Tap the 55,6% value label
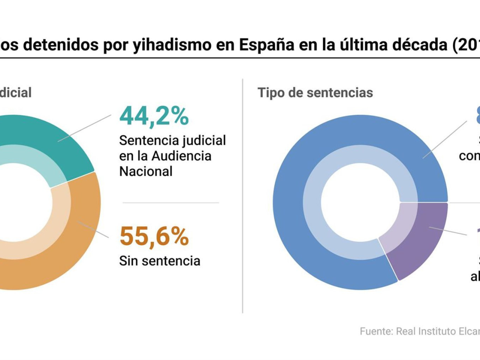(154, 237)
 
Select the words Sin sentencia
(160, 261)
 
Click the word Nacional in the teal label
(146, 171)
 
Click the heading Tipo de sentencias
(315, 93)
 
